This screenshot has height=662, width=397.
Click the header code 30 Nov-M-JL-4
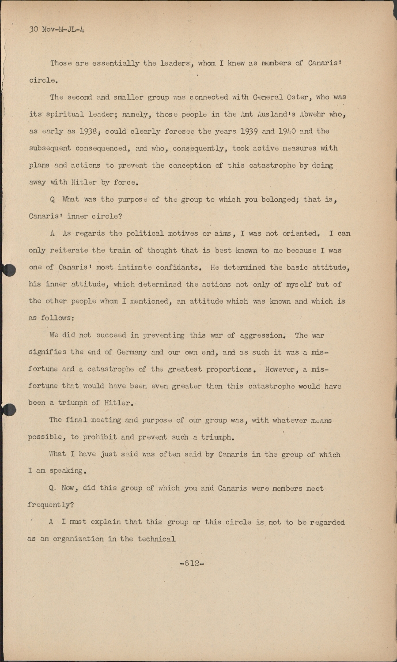click(57, 30)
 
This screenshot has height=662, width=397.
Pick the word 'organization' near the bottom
click(84, 539)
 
